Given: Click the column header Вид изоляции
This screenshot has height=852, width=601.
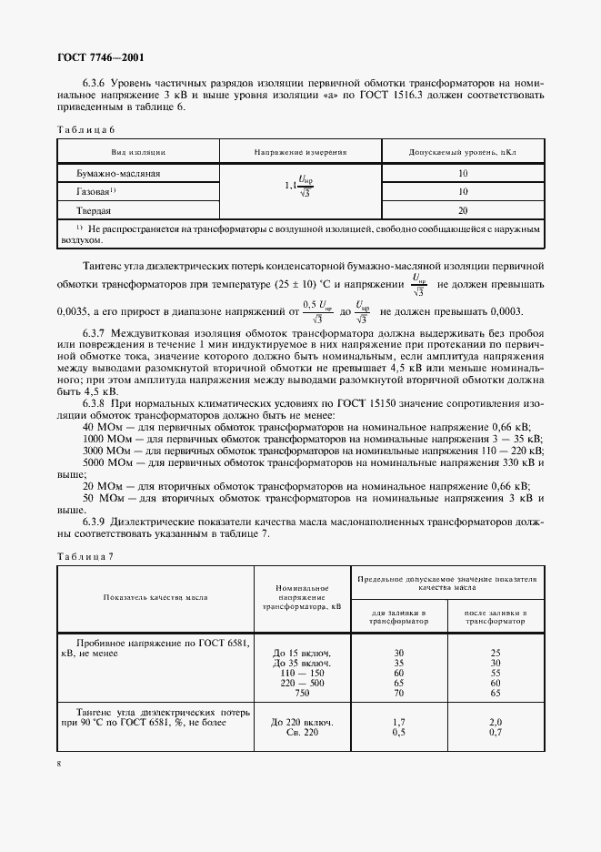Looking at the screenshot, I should click(x=138, y=152).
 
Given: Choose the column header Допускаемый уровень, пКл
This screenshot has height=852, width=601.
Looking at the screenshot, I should click(x=462, y=152).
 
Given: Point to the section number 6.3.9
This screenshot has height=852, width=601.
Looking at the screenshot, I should click(x=99, y=522).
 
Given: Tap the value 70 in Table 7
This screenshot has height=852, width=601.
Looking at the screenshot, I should click(x=398, y=693).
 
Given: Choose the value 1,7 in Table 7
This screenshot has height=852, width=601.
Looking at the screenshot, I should click(x=398, y=722).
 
